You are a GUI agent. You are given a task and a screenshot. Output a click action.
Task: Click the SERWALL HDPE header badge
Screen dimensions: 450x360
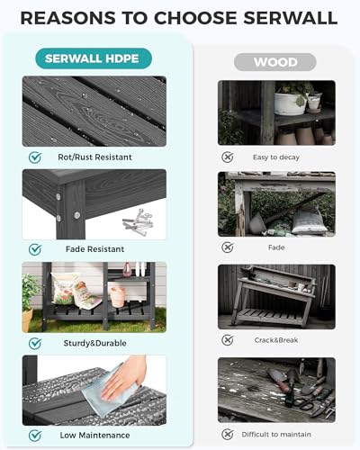pos(93,58)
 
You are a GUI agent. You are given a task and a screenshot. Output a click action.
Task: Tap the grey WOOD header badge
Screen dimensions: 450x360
pos(274,62)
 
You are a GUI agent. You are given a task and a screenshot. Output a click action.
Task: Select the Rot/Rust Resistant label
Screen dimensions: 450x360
pos(94,156)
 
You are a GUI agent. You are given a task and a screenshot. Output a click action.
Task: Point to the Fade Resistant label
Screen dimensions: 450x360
pos(94,248)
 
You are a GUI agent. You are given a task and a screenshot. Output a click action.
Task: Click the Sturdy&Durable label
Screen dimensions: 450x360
pos(94,343)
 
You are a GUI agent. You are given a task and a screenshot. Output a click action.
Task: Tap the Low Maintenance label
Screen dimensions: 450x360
pos(94,436)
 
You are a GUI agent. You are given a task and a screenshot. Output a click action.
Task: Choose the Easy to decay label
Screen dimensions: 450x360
pos(275,156)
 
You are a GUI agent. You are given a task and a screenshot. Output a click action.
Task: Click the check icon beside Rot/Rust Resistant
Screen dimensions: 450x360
pos(35,156)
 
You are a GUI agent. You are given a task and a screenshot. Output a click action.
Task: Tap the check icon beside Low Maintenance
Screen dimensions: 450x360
pos(35,436)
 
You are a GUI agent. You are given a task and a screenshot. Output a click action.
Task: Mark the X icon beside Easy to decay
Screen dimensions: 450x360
pos(228,156)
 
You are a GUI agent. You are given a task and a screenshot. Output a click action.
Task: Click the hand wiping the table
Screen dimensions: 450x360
pos(132,370)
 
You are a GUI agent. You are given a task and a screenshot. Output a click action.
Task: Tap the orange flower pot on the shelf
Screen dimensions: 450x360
pos(117,295)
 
